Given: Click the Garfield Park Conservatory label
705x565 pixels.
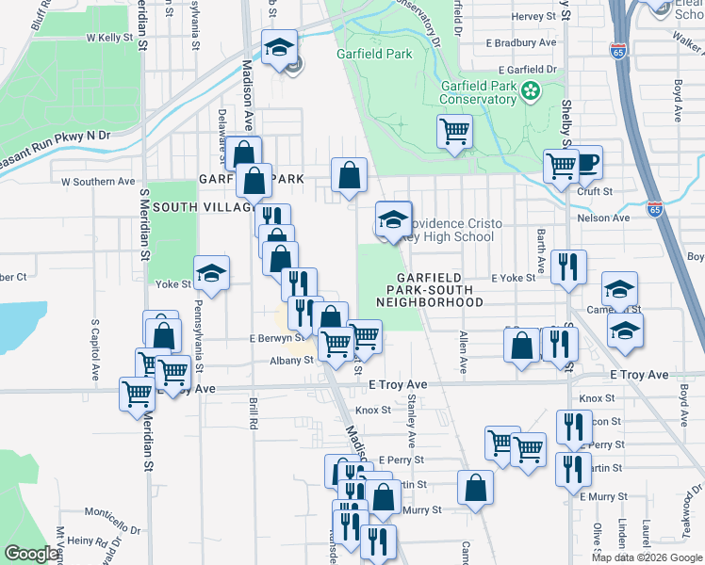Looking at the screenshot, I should [x=479, y=93].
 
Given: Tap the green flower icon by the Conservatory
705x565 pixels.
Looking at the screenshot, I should [x=532, y=91].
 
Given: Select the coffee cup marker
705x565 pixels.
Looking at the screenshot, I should [x=585, y=162].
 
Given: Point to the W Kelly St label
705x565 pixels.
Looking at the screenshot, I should [x=108, y=38].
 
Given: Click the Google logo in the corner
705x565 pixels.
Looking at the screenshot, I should [x=31, y=554].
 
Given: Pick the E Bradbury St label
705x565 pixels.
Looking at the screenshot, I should [x=521, y=43].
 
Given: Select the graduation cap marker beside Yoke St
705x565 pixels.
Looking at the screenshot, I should [x=211, y=274].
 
